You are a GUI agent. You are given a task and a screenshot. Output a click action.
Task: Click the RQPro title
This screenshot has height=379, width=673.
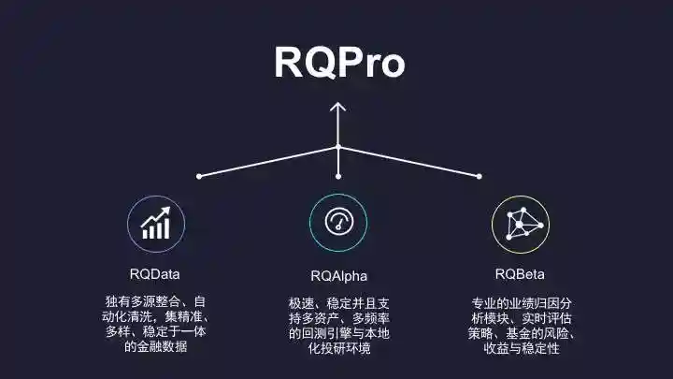point(339,62)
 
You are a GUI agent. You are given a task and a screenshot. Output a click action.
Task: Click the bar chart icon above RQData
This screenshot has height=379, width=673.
point(155,225)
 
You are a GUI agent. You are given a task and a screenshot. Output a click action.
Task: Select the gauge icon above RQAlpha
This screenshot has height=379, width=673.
point(337,223)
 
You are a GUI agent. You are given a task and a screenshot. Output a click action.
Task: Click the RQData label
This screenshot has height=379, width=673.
point(155,274)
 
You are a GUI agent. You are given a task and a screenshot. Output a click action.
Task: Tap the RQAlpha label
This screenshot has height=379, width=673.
point(337,276)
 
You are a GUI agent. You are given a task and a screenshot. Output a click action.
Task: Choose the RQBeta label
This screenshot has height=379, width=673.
point(520,274)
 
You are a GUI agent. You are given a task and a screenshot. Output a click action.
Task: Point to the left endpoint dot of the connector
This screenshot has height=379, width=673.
point(199,176)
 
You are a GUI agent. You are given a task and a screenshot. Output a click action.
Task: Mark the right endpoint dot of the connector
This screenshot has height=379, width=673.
point(479,176)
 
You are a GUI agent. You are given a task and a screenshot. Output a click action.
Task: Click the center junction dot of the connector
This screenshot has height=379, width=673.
point(337,147)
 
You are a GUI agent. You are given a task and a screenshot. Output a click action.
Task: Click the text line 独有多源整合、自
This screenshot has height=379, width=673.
point(155,301)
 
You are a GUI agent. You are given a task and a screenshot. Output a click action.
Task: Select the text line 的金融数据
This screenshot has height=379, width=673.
point(155,348)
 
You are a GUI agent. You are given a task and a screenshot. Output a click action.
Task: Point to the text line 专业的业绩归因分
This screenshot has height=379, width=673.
point(521,303)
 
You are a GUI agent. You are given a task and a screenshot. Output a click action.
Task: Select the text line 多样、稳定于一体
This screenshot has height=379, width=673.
point(155,332)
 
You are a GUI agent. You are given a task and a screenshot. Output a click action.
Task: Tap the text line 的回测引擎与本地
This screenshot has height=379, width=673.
point(337,333)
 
